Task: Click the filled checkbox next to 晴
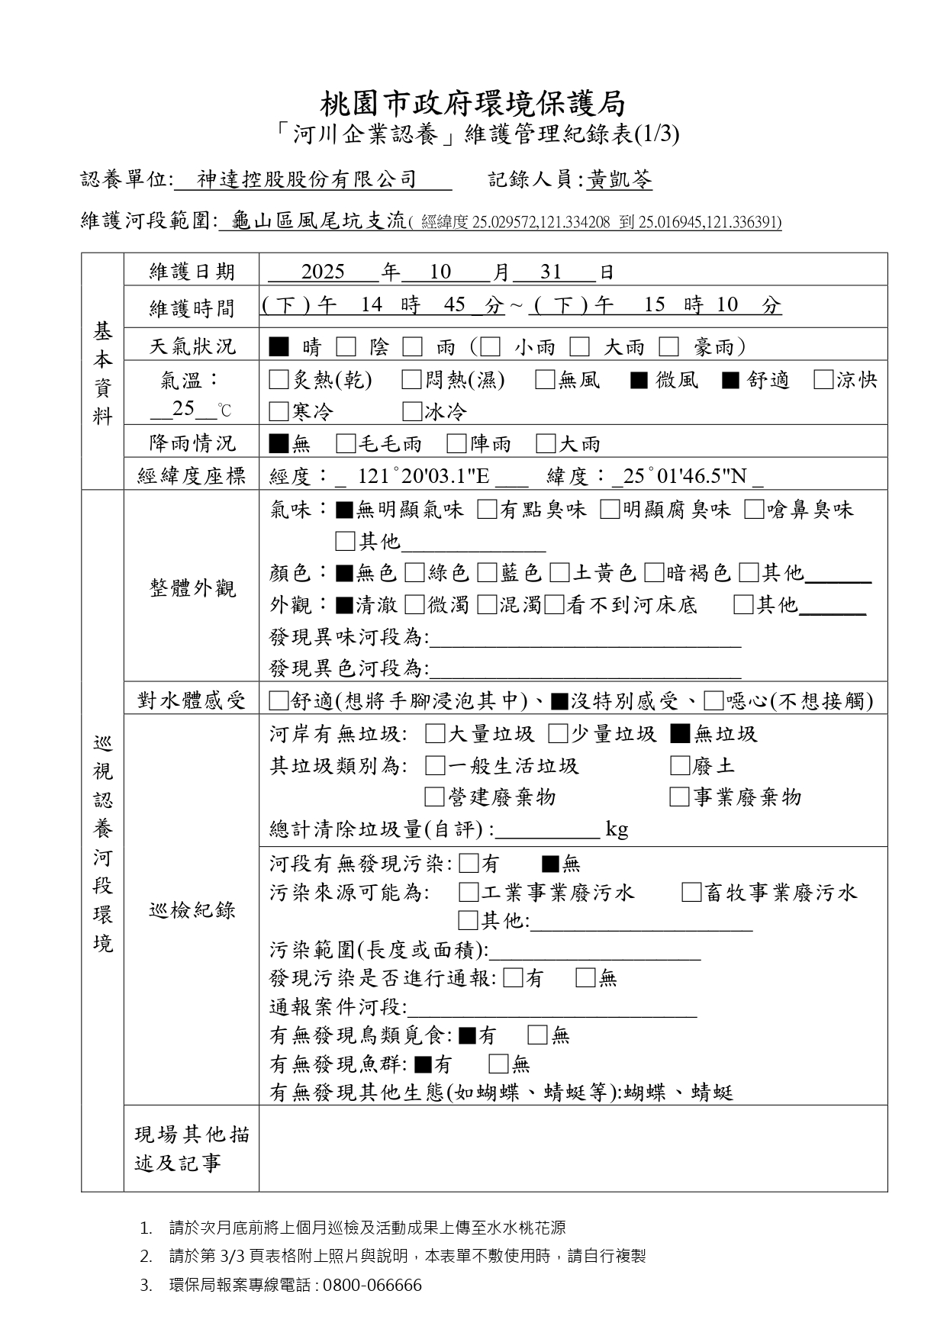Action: (x=279, y=347)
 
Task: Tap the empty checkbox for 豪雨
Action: (x=669, y=347)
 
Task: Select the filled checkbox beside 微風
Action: (x=639, y=379)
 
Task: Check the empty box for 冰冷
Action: (x=412, y=412)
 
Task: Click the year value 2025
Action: (x=323, y=272)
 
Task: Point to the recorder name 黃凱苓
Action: (x=620, y=180)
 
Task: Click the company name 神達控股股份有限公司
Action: (x=307, y=180)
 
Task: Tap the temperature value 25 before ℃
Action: (x=183, y=409)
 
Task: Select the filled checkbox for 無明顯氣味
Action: (x=344, y=510)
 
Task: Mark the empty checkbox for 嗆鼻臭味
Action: (x=754, y=510)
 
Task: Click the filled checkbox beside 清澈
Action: (x=344, y=605)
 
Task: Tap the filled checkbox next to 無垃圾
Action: (x=680, y=734)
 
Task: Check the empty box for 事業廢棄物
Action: (x=679, y=797)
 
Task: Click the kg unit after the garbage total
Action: (x=617, y=829)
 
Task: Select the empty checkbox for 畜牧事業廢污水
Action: (x=691, y=893)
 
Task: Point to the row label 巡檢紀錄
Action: (x=192, y=910)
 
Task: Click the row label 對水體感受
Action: (x=192, y=700)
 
